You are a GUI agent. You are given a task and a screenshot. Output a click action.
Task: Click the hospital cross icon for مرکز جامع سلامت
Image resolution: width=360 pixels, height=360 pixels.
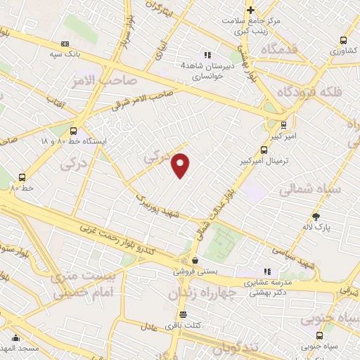tap(250, 10)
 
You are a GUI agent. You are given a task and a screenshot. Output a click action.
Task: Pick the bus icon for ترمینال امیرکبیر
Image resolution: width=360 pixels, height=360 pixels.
tap(264, 149)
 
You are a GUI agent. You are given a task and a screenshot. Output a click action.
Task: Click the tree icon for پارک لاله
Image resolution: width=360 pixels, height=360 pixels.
tap(315, 217)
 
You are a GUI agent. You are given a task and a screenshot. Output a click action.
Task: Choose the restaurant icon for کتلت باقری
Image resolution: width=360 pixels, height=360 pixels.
tap(183, 314)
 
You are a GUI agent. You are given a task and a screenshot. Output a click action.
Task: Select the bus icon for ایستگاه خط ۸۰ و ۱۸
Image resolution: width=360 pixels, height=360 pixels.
tap(74, 130)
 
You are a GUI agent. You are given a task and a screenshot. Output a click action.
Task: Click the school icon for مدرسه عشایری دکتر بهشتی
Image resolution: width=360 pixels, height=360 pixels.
tap(266, 271)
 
